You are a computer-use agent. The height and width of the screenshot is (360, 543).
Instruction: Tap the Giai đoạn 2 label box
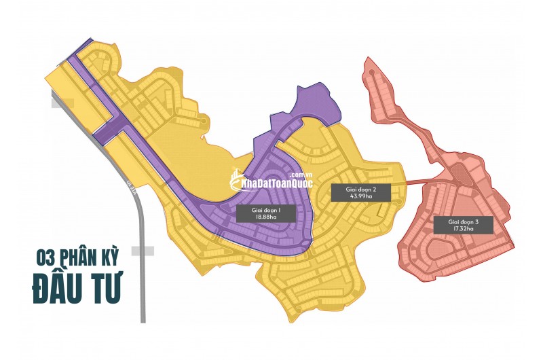(x=361, y=192)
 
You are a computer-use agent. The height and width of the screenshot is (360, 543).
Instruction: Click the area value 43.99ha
(x=361, y=196)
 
